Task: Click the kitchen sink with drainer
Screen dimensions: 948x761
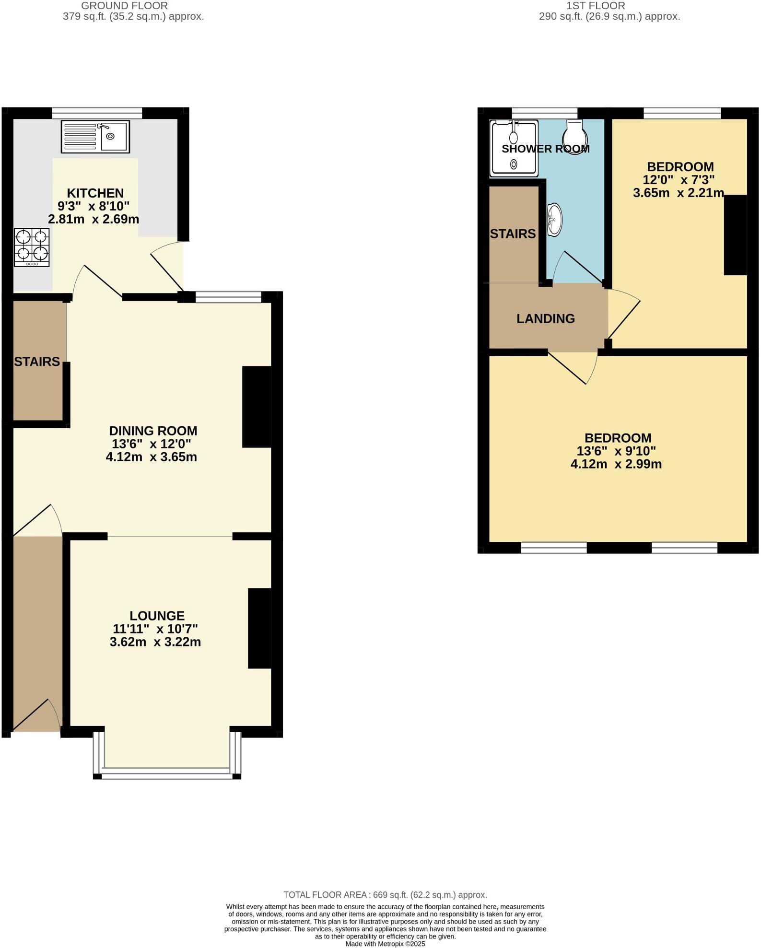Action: [95, 137]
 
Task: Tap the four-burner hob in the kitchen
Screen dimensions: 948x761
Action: [32, 247]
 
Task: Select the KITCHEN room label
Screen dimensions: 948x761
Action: [95, 193]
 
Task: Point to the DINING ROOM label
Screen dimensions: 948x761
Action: [153, 431]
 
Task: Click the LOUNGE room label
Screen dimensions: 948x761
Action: [157, 616]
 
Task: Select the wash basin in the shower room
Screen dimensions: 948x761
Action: [554, 220]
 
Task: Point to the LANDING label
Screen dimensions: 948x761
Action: [545, 318]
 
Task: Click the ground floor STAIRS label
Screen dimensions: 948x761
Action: [37, 362]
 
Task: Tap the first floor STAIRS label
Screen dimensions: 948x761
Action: [513, 234]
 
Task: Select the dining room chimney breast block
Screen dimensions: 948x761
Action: [257, 407]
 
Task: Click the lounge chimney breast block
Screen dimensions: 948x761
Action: [259, 628]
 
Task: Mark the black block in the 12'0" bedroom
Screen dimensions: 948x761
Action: [735, 235]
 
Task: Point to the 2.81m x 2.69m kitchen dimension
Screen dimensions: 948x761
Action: [94, 220]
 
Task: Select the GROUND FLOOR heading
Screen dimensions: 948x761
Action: [124, 6]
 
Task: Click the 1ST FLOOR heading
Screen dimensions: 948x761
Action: [596, 6]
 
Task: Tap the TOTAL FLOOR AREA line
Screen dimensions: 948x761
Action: [385, 894]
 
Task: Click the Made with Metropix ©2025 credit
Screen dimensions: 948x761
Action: [385, 944]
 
